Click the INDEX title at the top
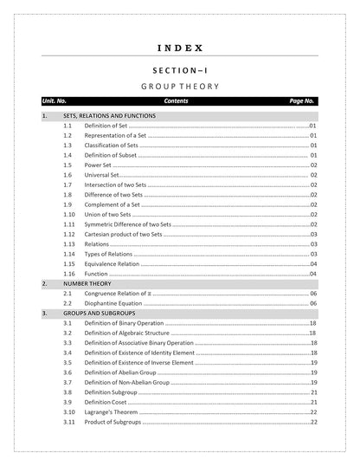point(181,48)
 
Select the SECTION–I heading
point(181,69)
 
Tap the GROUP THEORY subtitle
point(181,87)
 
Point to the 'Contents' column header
point(176,101)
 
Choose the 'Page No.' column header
point(302,101)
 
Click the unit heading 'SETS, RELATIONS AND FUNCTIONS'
point(109,115)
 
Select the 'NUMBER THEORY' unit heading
point(87,283)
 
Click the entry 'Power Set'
point(98,165)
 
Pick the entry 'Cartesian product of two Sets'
point(123,234)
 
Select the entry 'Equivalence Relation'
point(111,263)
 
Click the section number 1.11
point(69,224)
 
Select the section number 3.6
point(67,372)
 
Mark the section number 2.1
point(67,294)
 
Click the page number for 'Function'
point(313,274)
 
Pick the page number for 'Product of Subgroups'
point(313,422)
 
